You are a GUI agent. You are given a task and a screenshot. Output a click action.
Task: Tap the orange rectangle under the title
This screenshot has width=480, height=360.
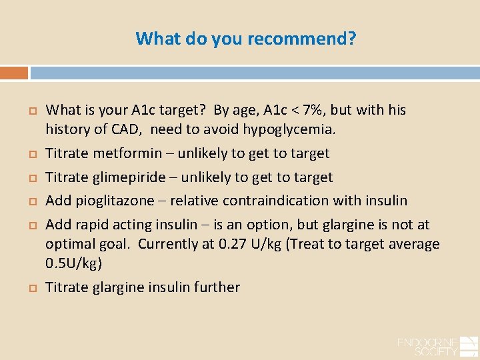click(14, 73)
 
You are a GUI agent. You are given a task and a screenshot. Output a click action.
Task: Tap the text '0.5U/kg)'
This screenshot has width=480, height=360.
click(73, 263)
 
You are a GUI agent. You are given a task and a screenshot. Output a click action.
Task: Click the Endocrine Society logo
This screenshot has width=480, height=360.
click(437, 345)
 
